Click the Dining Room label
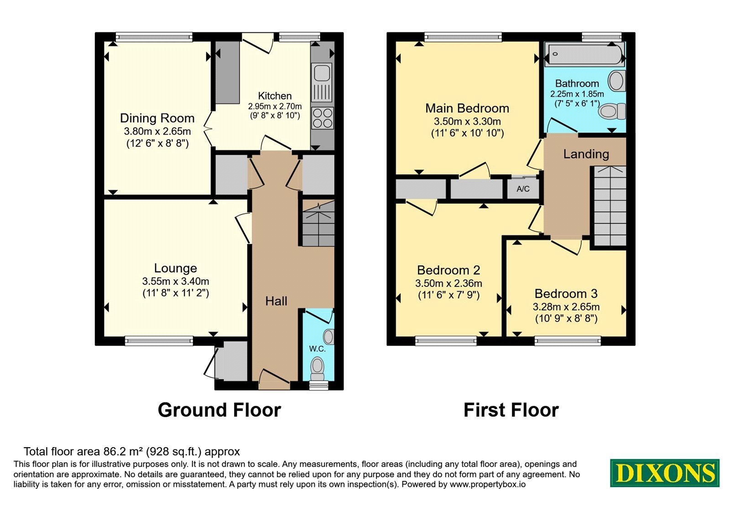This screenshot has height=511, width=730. coord(157,118)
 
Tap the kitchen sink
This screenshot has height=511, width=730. coord(322,83)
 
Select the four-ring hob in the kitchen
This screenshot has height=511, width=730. coord(323,118)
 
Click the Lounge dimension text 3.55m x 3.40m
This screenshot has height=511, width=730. coord(175,281)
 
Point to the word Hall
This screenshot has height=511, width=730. coord(276,301)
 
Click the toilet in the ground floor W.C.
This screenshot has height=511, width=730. coord(318,369)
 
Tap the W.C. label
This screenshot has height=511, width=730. coord(317,349)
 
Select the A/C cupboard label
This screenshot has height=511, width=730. coord(523,189)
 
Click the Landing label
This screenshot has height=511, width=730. coord(586,154)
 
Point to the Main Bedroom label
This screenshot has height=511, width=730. coord(467,108)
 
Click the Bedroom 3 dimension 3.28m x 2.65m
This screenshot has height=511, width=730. coord(566,307)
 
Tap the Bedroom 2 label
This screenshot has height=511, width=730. coord(448,270)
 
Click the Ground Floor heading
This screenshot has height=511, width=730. coord(219,410)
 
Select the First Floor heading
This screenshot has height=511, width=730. coord(511,410)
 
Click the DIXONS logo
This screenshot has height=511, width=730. coord(664,473)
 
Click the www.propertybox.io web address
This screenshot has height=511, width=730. coord(488,484)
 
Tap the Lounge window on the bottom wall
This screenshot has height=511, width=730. coord(159,341)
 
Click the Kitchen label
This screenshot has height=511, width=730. coord(275,96)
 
